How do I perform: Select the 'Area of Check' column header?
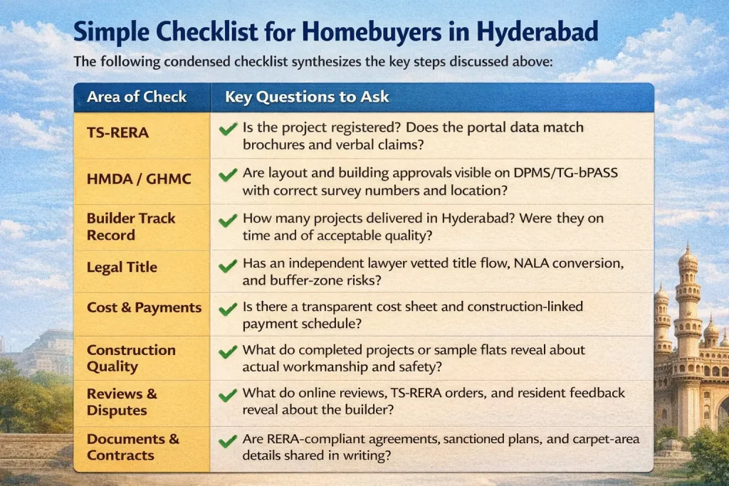point(137,97)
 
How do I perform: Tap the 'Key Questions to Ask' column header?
point(307,97)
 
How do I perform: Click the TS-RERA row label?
point(117,132)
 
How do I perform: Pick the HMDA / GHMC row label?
point(139,179)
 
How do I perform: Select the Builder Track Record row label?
point(131,226)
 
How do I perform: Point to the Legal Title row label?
point(122,268)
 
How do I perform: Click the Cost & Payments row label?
point(144,308)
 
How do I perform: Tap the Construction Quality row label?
point(131,358)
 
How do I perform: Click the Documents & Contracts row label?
point(132,447)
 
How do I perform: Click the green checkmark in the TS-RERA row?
point(228,129)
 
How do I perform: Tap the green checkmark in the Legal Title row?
point(228,265)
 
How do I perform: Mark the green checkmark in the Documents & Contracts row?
point(228,441)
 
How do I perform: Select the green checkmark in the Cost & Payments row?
point(228,308)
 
